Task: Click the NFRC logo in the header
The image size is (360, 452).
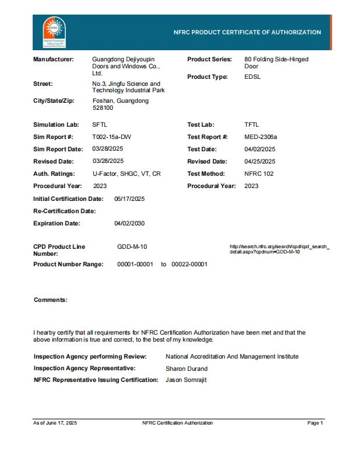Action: pos(53,33)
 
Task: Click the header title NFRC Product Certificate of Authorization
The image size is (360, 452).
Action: pos(247,33)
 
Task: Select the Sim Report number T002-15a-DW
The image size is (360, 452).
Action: pos(112,137)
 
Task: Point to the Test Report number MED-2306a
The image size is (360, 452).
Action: pos(261,137)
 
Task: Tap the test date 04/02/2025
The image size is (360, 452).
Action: pos(260,149)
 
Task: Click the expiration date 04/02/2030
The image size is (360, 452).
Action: pos(130,223)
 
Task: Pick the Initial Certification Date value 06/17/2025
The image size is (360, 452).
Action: pos(130,199)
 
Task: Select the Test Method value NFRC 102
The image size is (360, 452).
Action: pos(259,173)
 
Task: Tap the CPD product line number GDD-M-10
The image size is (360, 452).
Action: pos(132,247)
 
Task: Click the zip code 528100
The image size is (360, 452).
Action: pos(103,108)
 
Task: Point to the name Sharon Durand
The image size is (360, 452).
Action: pos(187,368)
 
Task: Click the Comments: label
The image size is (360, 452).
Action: pos(50,300)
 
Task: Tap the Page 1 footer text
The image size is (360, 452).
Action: pos(315,423)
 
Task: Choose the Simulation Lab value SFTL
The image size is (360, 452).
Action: pos(100,124)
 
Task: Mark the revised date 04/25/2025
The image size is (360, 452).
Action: pos(260,161)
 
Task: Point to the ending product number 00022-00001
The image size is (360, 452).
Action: pos(189,265)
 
